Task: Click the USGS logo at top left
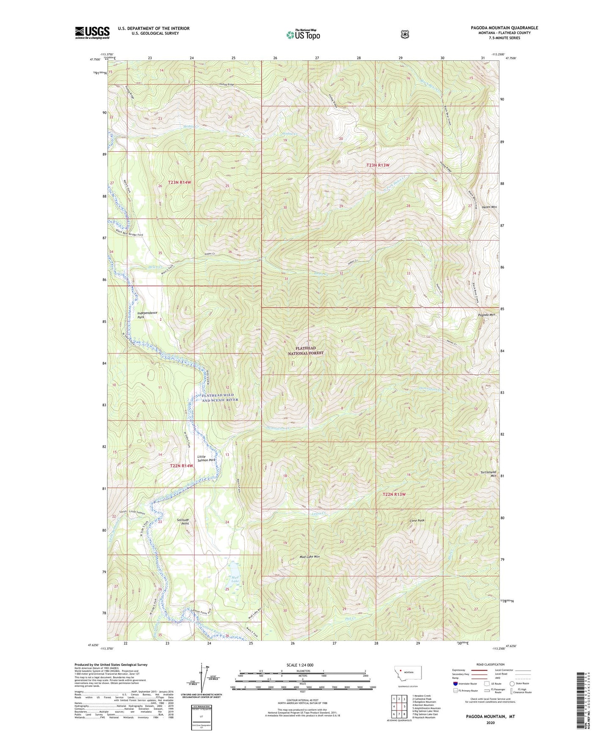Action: (x=92, y=33)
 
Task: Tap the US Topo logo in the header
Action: (x=302, y=35)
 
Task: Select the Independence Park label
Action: (x=147, y=314)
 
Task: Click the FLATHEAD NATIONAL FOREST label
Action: (x=306, y=350)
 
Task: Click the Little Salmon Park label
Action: (x=206, y=458)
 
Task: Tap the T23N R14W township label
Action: (x=180, y=182)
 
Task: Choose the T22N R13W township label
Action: (x=394, y=494)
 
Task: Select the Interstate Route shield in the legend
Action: (x=455, y=683)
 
